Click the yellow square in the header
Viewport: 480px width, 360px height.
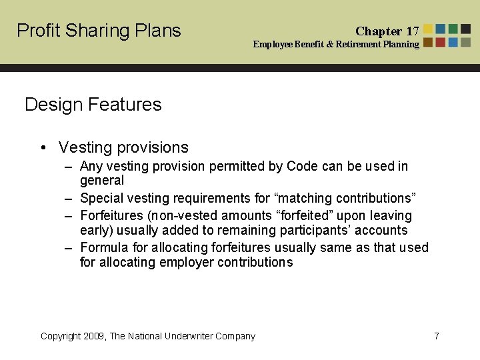428,29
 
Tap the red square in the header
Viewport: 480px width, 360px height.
441,42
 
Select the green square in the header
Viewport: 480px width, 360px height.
453,29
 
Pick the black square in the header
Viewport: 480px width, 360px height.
465,29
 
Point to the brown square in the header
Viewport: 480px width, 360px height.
428,42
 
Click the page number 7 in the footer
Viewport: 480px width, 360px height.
437,336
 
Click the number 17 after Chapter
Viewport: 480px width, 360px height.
413,31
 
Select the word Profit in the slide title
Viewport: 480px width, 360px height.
37,31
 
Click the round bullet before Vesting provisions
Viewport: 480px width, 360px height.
42,148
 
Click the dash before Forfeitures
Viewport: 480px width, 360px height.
68,216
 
